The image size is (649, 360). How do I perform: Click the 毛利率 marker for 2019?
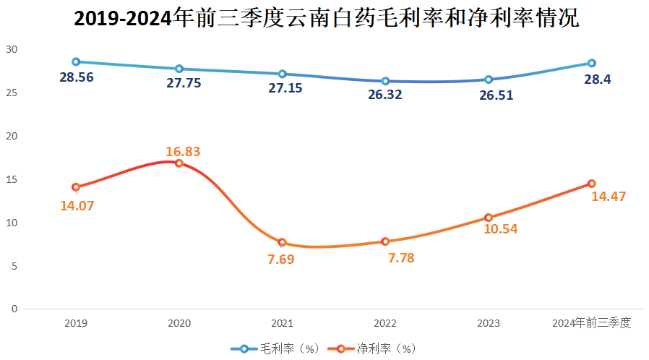76,62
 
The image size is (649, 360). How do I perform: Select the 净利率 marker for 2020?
179,163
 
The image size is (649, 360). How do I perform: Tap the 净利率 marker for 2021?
282,242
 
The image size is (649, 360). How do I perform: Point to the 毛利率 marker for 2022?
385,81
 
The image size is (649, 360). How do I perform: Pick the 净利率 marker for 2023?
489,218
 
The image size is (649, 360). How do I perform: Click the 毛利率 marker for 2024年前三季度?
591,64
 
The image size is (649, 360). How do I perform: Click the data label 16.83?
183,151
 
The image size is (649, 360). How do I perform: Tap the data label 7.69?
281,260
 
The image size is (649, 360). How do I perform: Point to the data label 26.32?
386,95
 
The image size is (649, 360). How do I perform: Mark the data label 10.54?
499,229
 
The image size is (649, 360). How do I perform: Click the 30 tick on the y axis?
11,50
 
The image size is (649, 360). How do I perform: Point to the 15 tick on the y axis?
11,179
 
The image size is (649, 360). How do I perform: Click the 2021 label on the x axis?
282,323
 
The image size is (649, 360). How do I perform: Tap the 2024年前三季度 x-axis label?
591,323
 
